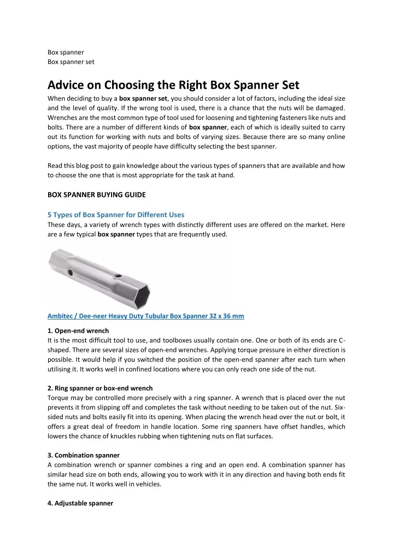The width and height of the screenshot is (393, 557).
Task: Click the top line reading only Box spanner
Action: pos(66,53)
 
